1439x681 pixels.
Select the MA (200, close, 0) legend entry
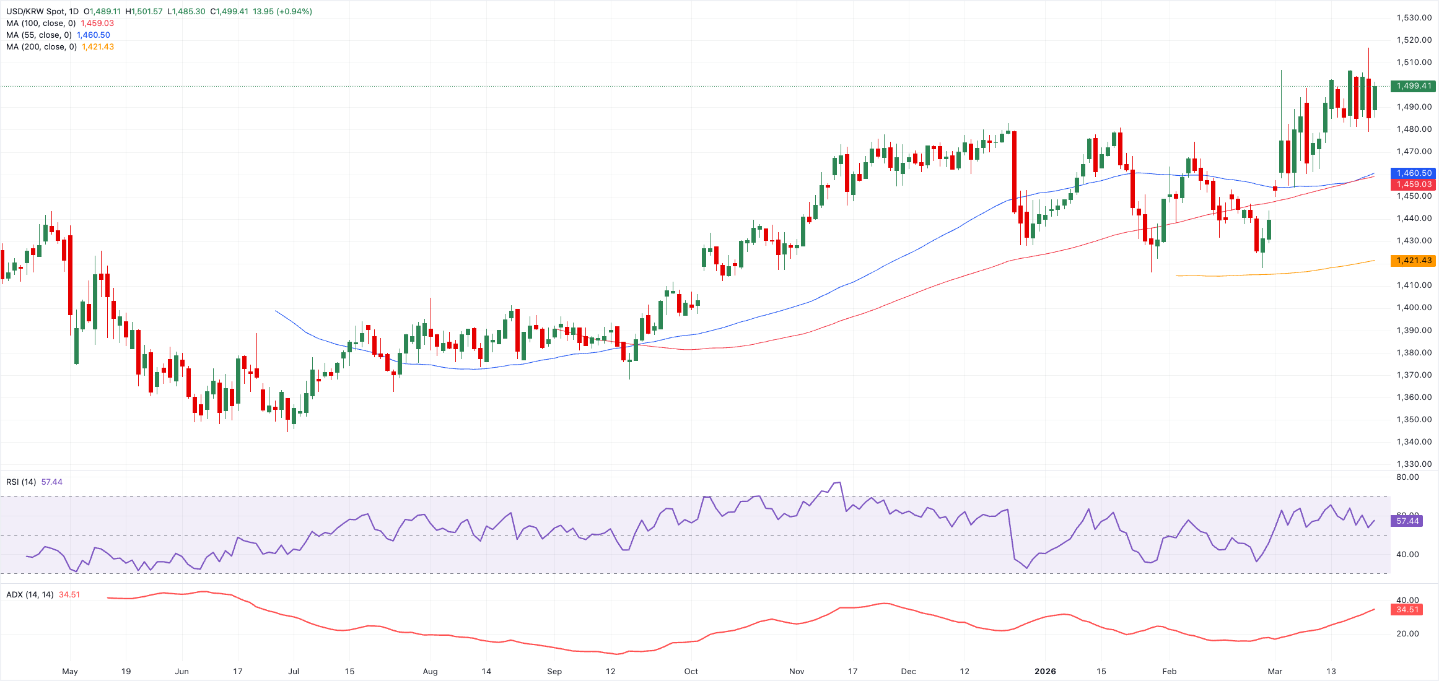[42, 47]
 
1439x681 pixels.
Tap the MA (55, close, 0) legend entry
[39, 35]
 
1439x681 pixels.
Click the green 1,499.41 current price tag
[1413, 86]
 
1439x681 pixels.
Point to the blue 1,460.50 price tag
[1413, 173]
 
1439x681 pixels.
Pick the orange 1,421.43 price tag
[1413, 261]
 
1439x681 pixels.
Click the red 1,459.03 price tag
[1413, 184]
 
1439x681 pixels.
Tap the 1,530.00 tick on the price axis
[1414, 18]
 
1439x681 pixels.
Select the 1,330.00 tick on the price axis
[1414, 464]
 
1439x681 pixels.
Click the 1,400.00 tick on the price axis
[1414, 308]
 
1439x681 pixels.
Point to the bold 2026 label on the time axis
[1045, 671]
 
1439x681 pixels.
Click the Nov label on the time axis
[797, 671]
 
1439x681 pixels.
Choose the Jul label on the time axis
[294, 671]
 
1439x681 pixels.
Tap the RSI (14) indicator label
[21, 482]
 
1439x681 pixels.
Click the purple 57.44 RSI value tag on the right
[1407, 521]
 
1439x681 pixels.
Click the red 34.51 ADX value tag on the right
[1407, 610]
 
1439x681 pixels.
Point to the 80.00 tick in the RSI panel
[1407, 477]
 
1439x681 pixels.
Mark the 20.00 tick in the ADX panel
[1407, 634]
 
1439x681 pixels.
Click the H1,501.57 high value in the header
[144, 12]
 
